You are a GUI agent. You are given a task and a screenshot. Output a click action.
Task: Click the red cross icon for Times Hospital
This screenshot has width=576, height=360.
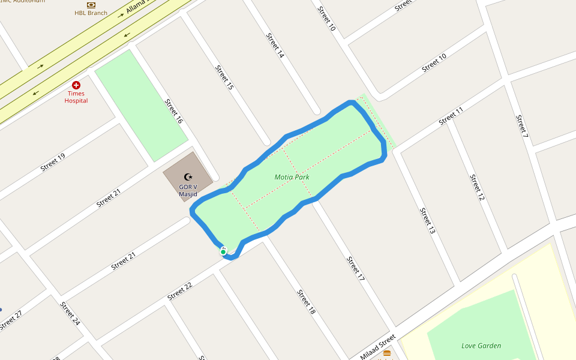pyautogui.click(x=76, y=86)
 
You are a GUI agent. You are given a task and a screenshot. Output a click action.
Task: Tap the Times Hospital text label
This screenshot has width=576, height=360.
pyautogui.click(x=76, y=97)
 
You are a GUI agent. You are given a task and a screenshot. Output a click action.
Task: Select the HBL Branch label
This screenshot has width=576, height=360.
pyautogui.click(x=91, y=13)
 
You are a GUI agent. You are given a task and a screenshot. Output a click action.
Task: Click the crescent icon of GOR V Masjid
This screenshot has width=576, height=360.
pyautogui.click(x=188, y=177)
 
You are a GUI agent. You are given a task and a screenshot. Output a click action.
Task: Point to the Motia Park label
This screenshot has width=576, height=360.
pyautogui.click(x=292, y=177)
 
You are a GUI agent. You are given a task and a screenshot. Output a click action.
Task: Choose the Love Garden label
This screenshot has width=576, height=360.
pyautogui.click(x=481, y=346)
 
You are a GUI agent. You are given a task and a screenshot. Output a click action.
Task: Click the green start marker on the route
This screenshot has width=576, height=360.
pyautogui.click(x=223, y=252)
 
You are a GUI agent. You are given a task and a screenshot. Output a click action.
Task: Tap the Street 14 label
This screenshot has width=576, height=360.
pyautogui.click(x=275, y=45)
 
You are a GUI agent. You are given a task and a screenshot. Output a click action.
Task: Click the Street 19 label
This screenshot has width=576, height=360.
pyautogui.click(x=53, y=162)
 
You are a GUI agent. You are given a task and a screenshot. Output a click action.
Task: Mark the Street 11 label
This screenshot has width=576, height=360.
pyautogui.click(x=451, y=116)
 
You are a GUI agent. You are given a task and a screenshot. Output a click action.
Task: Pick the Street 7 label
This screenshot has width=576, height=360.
pyautogui.click(x=521, y=124)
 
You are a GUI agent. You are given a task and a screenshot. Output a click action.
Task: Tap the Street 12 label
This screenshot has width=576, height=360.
pyautogui.click(x=476, y=188)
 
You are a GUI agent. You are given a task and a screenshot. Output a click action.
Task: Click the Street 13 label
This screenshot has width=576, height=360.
pyautogui.click(x=427, y=221)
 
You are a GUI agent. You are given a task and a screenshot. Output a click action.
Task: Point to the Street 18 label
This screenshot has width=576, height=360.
pyautogui.click(x=306, y=302)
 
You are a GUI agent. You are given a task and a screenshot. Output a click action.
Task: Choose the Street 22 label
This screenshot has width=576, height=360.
pyautogui.click(x=180, y=291)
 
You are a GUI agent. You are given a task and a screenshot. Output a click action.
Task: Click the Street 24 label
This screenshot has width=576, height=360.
pyautogui.click(x=70, y=313)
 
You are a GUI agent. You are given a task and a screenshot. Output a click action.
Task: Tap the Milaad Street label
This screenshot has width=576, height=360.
pyautogui.click(x=378, y=347)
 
